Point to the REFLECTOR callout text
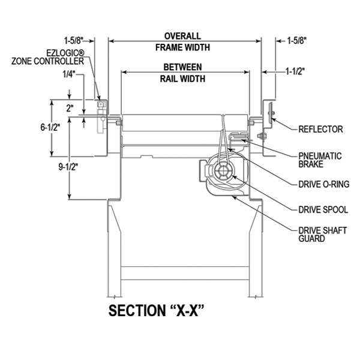tap(320, 129)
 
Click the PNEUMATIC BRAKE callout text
tap(320, 160)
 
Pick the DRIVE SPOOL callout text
tap(323, 210)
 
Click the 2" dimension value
tap(70, 109)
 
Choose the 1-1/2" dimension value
tap(296, 71)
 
